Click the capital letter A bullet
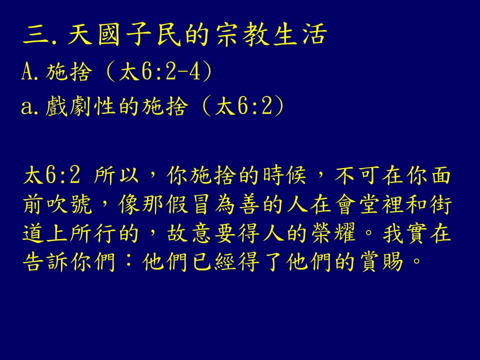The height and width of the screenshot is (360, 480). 27,72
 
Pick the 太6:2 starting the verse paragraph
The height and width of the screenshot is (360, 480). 51,175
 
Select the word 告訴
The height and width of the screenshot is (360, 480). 45,261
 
